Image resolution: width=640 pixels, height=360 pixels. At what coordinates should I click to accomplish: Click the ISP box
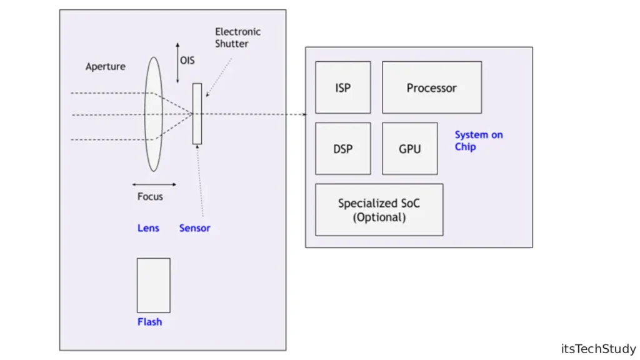point(342,87)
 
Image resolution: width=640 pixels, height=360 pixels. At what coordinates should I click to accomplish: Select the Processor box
point(431,87)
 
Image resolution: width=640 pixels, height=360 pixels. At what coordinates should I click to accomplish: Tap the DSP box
point(342,149)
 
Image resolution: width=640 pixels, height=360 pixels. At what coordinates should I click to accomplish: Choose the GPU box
point(409,149)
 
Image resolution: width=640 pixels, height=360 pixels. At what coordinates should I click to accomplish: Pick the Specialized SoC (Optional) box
point(379,210)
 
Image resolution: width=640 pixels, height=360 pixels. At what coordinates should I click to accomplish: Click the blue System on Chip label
point(478,141)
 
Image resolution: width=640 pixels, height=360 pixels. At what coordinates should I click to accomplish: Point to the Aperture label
point(106,66)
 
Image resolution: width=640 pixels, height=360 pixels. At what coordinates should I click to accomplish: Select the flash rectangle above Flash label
point(154,285)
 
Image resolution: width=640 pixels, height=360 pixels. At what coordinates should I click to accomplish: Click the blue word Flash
point(149,322)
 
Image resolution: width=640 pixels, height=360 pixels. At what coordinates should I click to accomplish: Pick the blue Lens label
point(148,228)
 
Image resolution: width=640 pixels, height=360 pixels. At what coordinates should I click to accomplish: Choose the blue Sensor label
point(194,228)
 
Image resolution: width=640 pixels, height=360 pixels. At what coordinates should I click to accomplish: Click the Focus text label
point(150,196)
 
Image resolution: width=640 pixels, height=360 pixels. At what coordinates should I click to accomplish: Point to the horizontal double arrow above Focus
point(154,184)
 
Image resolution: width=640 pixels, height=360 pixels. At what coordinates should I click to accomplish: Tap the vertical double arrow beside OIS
point(177,63)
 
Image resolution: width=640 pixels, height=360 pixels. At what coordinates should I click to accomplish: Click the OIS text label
point(187,61)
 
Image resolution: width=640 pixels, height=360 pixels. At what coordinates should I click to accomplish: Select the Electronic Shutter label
point(237,37)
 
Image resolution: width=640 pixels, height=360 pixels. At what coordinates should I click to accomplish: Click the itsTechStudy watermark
point(598,349)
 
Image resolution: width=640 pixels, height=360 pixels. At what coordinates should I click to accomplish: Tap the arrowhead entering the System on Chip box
point(304,114)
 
